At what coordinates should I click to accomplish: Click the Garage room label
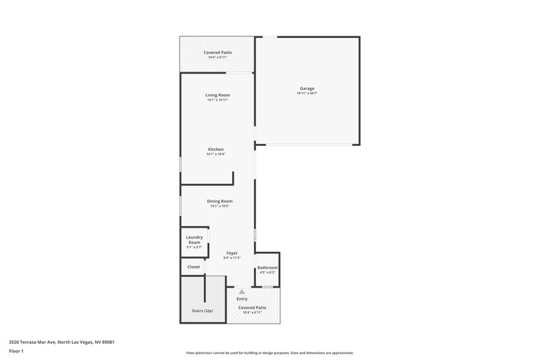pyautogui.click(x=307, y=88)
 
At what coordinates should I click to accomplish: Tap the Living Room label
pyautogui.click(x=217, y=95)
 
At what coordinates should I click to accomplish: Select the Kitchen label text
pyautogui.click(x=215, y=149)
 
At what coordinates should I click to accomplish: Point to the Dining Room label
pyautogui.click(x=219, y=201)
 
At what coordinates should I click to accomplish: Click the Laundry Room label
pyautogui.click(x=194, y=240)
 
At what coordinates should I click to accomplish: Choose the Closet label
pyautogui.click(x=194, y=267)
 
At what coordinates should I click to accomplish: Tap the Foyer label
pyautogui.click(x=232, y=253)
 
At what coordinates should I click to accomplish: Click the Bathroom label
pyautogui.click(x=267, y=268)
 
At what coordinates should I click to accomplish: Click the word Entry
pyautogui.click(x=242, y=298)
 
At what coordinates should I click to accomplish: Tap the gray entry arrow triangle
pyautogui.click(x=242, y=290)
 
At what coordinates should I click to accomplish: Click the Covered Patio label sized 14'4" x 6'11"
pyautogui.click(x=217, y=53)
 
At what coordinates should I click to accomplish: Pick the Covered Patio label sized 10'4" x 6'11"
pyautogui.click(x=252, y=307)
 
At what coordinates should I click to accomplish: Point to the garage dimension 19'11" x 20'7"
pyautogui.click(x=307, y=93)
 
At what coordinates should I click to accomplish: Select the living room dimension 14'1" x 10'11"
pyautogui.click(x=217, y=100)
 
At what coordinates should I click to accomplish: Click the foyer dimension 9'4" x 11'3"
pyautogui.click(x=232, y=258)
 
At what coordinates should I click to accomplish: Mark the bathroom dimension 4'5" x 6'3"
pyautogui.click(x=267, y=273)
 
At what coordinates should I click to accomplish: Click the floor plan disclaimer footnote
pyautogui.click(x=269, y=353)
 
